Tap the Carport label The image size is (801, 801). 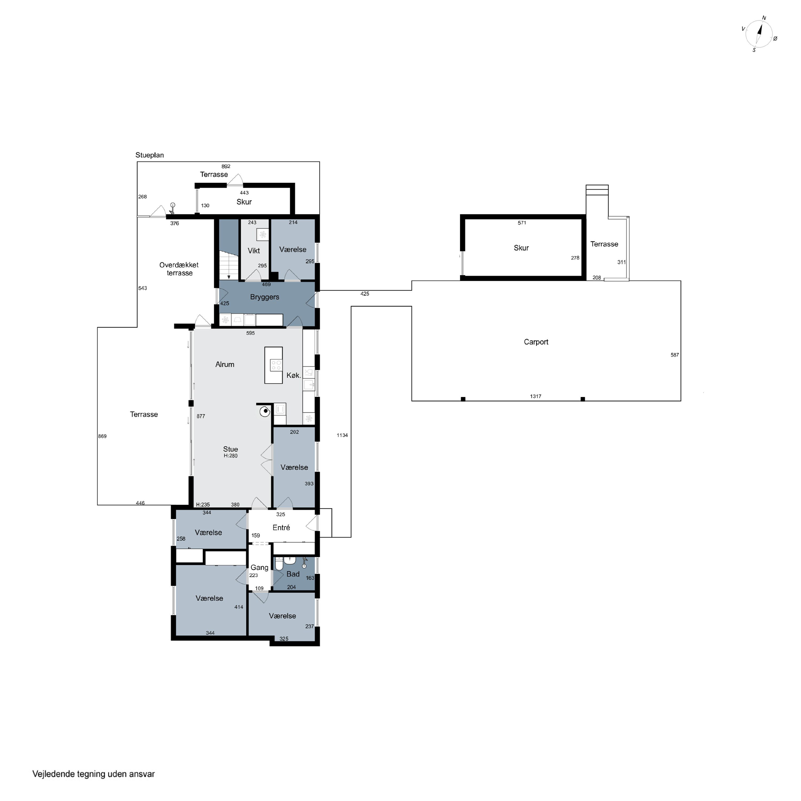click(x=536, y=342)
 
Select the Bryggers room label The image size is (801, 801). click(x=265, y=297)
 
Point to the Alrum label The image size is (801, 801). click(x=225, y=364)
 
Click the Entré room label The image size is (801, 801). click(x=281, y=527)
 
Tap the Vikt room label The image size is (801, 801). click(x=254, y=251)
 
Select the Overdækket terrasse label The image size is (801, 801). click(x=179, y=269)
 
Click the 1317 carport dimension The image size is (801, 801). click(x=536, y=396)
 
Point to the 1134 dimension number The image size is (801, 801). click(x=342, y=435)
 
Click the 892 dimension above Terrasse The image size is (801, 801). click(x=226, y=166)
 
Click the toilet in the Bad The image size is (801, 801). click(x=279, y=564)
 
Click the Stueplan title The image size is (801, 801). click(x=150, y=155)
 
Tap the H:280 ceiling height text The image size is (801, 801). click(x=231, y=456)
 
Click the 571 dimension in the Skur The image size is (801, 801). click(x=522, y=223)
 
